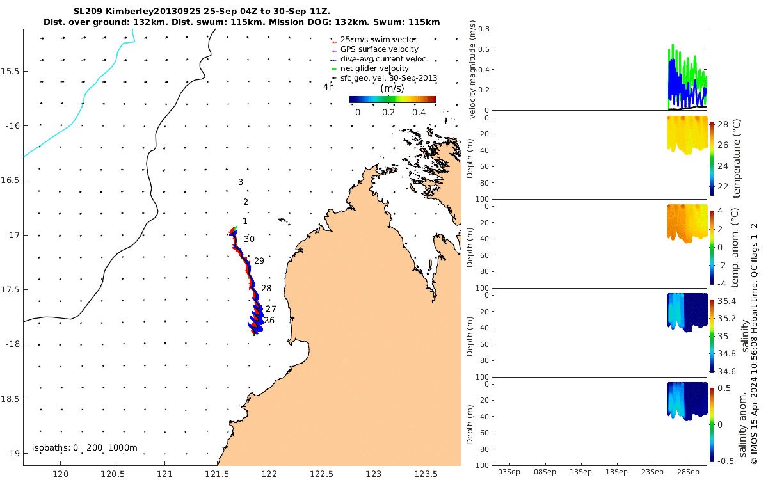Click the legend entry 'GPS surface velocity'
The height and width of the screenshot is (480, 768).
[x=379, y=49]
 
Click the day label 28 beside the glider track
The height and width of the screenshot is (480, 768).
[x=266, y=289]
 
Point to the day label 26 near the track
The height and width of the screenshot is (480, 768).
[x=269, y=320]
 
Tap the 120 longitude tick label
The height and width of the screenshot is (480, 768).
[x=61, y=474]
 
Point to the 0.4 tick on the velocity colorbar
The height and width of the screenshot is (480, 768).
[x=419, y=113]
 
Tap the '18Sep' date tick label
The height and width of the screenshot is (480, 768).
[x=616, y=472]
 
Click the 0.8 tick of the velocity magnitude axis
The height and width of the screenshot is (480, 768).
[x=483, y=29]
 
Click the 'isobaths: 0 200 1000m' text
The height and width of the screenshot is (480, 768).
[x=84, y=447]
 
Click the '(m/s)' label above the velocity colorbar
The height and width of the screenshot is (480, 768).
[x=392, y=88]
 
